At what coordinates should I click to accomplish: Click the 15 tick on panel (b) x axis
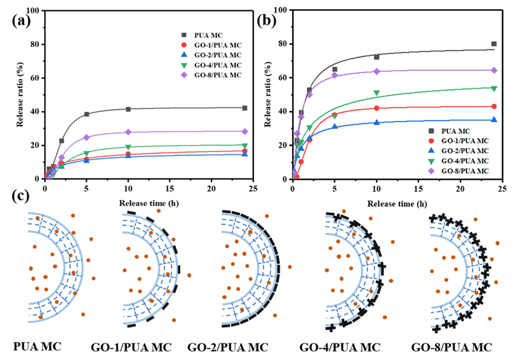[x=418, y=188]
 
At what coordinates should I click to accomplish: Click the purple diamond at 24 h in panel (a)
[x=245, y=131]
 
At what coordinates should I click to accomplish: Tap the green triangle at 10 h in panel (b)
[x=376, y=93]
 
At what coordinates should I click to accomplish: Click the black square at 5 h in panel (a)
[x=86, y=114]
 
